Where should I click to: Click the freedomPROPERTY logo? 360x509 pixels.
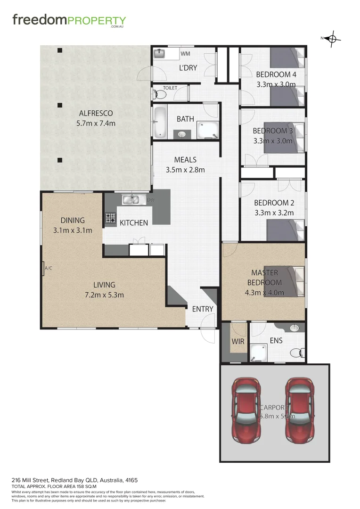pos(69,21)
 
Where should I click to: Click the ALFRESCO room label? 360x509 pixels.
pos(96,113)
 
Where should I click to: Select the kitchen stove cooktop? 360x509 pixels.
pos(110,218)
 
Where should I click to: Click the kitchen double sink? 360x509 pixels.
pos(133,200)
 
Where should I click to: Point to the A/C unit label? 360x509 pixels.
pos(48,269)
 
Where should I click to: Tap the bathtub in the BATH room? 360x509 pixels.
pos(160,123)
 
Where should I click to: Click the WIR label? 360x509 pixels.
pos(238,341)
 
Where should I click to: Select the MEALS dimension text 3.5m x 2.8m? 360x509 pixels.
pos(185,170)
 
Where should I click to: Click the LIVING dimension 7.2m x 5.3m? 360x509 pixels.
pos(104,295)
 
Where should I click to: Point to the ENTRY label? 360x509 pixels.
pos(203,309)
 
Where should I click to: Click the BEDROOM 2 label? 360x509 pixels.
pos(274,203)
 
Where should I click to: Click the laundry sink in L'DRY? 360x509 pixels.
pos(160,53)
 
